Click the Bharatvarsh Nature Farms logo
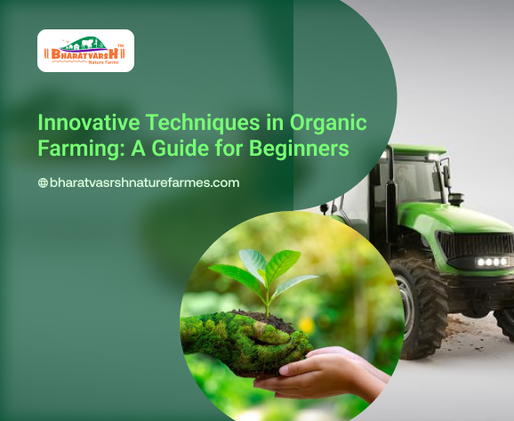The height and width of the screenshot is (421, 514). (x=85, y=51)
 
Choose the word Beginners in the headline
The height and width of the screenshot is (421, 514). (x=299, y=149)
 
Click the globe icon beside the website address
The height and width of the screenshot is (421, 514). (x=43, y=182)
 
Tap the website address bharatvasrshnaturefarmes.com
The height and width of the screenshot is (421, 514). (x=145, y=182)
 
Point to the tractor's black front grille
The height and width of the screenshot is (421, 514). (x=476, y=245)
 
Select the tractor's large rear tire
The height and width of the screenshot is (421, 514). (x=419, y=308)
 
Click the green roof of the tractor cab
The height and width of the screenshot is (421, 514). (x=417, y=150)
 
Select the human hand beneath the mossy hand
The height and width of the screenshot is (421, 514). (x=323, y=372)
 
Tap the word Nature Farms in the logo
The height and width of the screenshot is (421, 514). (x=103, y=62)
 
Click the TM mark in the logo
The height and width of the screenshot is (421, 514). (x=121, y=45)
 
